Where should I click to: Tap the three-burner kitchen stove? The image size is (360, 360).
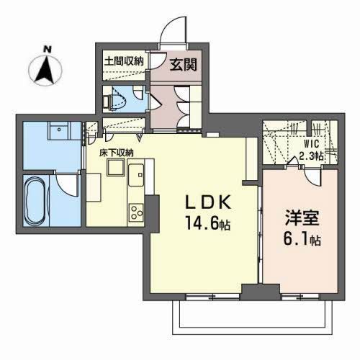coord(136,212)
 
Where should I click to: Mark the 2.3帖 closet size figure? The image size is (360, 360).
coord(312,155)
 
